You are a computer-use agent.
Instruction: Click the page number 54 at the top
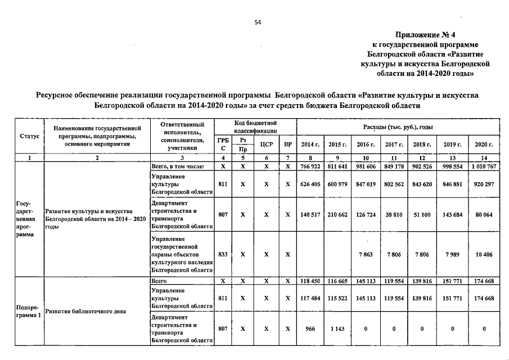coord(258,22)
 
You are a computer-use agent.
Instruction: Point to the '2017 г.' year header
coord(395,145)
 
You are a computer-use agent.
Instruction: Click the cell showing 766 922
coord(310,167)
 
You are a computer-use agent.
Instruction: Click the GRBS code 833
coord(223,254)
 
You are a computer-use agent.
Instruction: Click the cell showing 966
coord(310,328)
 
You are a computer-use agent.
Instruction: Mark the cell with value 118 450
coord(310,280)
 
